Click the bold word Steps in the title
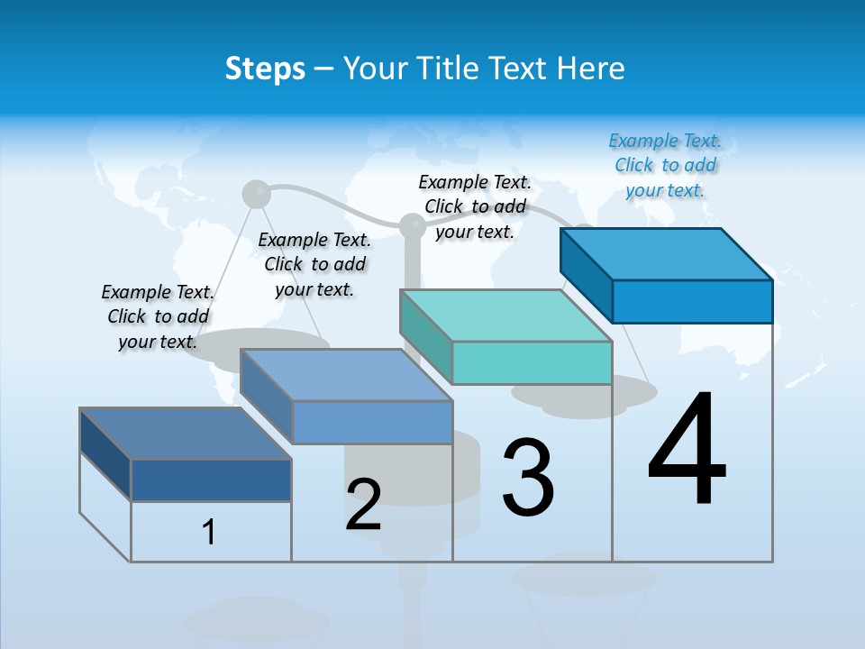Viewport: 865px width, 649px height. tap(265, 69)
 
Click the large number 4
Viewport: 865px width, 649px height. tap(687, 452)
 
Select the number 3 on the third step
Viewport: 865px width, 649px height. tap(528, 478)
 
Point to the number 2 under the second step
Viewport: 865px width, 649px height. tap(363, 505)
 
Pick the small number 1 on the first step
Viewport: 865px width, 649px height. tap(209, 532)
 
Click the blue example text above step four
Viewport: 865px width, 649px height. tap(665, 165)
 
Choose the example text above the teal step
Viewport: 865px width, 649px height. tap(475, 206)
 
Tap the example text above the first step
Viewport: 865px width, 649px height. tap(158, 316)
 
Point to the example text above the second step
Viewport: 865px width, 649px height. tap(314, 264)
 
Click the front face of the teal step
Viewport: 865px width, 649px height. tap(532, 362)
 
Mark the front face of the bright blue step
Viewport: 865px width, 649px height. tap(692, 301)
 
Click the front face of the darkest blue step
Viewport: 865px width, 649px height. tap(211, 480)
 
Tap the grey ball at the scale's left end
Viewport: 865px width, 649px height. tap(257, 194)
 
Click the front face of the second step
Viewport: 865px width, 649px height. tap(372, 422)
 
